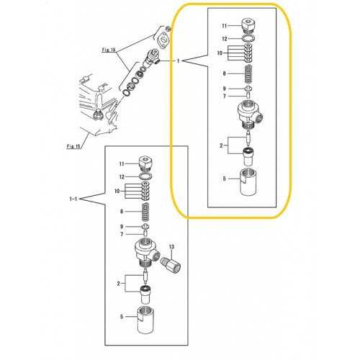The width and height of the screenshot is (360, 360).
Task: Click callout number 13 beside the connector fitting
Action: (x=171, y=247)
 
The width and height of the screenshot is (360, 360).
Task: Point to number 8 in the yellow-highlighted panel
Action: (x=224, y=73)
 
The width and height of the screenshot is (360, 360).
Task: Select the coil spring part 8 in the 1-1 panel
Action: (x=145, y=212)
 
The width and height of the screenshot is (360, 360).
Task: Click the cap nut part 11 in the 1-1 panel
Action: (x=145, y=165)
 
